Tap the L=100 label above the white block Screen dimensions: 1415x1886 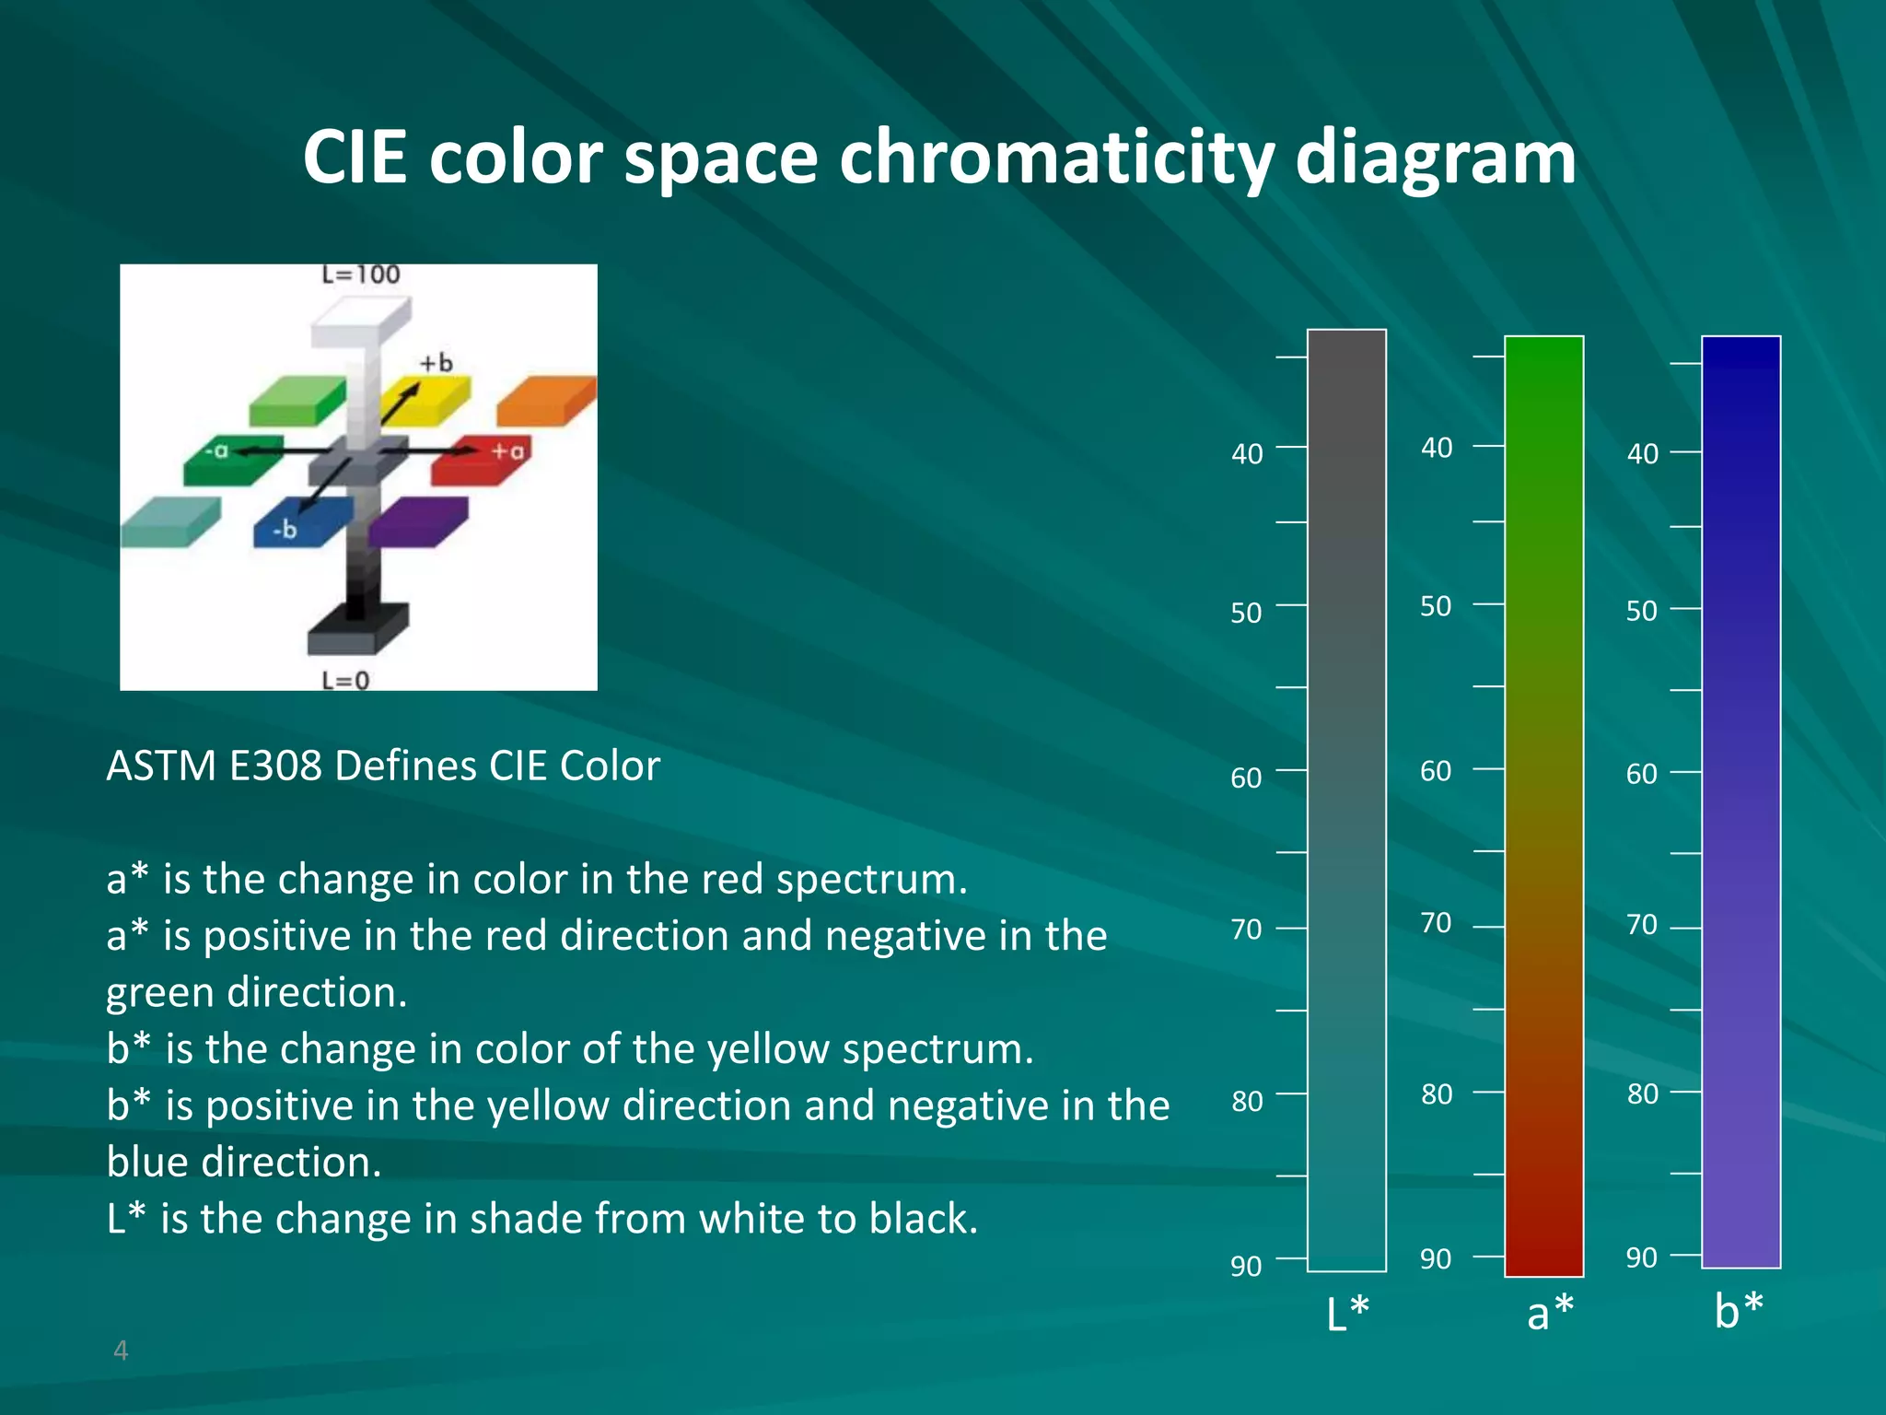coord(360,275)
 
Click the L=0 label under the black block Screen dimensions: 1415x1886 coord(345,680)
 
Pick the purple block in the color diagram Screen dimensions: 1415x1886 coord(419,520)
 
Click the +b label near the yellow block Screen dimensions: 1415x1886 coord(437,363)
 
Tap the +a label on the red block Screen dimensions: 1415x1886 coord(507,450)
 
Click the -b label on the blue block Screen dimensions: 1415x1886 coord(285,530)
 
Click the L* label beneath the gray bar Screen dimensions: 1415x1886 coord(1347,1313)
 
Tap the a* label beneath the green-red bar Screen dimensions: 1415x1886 coord(1550,1312)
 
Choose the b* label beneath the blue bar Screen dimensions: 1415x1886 coord(1739,1309)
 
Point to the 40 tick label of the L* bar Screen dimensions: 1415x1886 coord(1247,454)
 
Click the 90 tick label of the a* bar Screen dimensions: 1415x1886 coord(1436,1258)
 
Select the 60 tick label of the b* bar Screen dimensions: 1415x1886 coord(1641,774)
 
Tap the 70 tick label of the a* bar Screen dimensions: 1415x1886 coord(1436,922)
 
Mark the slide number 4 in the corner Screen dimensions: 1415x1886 coord(121,1351)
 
